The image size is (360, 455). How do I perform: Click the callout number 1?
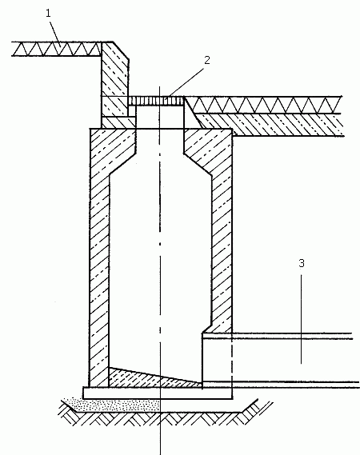point(48,14)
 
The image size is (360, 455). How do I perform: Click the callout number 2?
point(206,60)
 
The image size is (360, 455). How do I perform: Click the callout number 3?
point(302,263)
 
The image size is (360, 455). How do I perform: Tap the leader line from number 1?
point(55,32)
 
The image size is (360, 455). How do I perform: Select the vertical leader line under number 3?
point(301,319)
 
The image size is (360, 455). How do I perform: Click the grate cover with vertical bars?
point(156,101)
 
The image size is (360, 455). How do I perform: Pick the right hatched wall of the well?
point(222,232)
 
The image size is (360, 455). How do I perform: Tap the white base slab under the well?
point(158,393)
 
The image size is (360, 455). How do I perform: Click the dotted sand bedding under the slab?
point(114,405)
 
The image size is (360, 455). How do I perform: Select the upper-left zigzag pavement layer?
point(57,49)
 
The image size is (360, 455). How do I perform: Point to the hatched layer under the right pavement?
point(271,125)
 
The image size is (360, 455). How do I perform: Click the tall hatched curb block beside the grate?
point(115,79)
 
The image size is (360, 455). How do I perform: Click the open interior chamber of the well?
point(160,261)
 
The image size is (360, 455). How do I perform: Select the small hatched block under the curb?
point(118,122)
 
